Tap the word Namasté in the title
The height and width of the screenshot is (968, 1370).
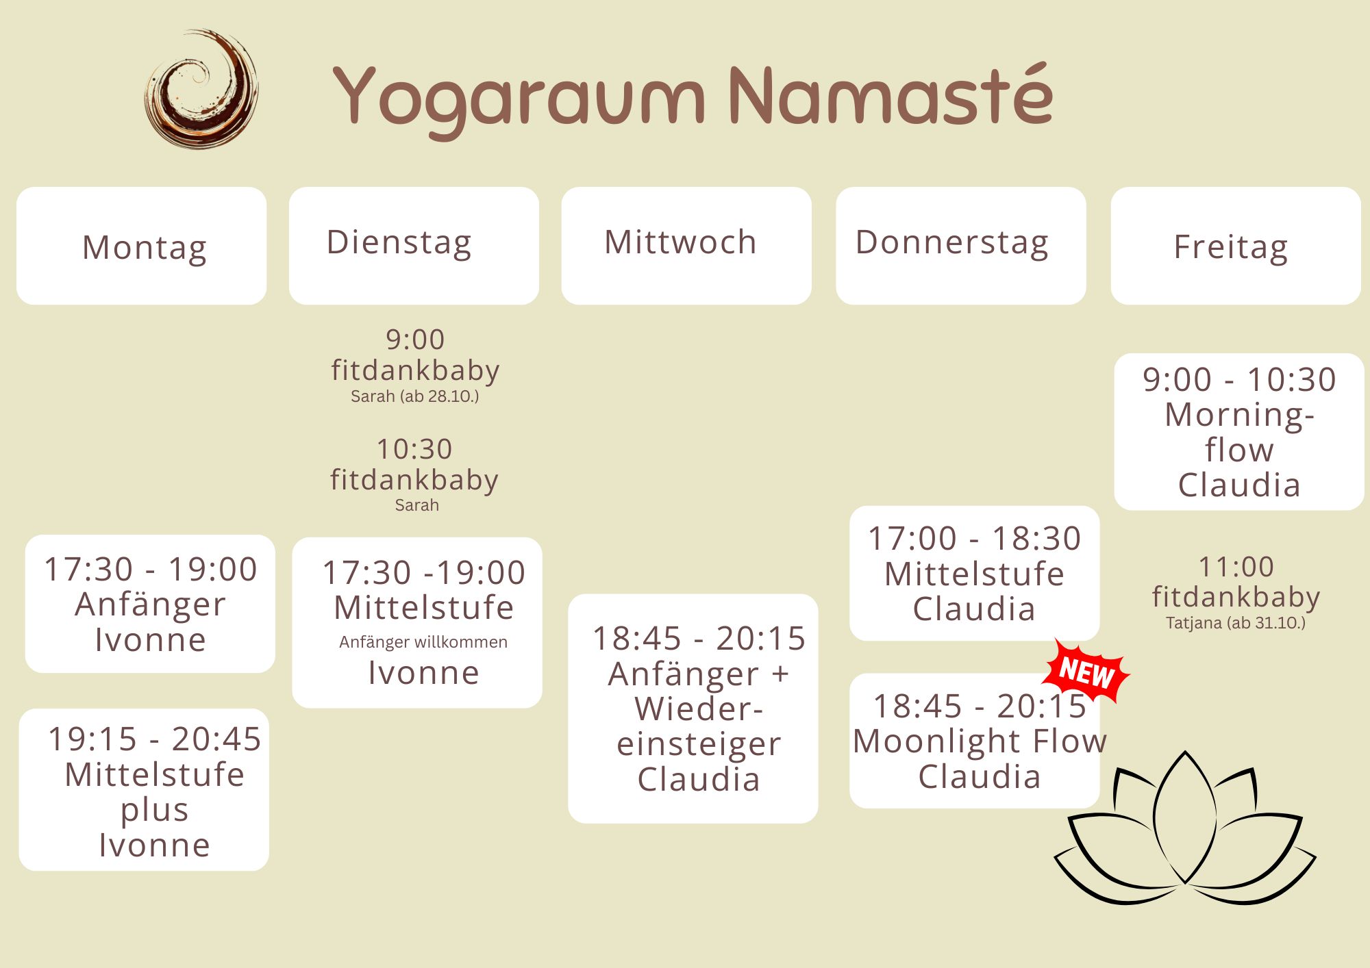point(891,94)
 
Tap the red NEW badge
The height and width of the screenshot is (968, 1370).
point(1086,672)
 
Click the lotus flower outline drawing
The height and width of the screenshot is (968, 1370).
point(1185,828)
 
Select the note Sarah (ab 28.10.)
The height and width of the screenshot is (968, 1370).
point(415,396)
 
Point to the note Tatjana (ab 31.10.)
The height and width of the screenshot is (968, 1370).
point(1236,623)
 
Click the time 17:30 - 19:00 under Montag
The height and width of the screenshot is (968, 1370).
point(151,569)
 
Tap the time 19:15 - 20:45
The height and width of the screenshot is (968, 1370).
point(155,739)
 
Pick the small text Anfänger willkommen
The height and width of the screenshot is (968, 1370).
point(423,642)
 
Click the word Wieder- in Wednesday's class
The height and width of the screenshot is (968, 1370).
point(699,709)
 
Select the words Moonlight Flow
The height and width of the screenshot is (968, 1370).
point(980,741)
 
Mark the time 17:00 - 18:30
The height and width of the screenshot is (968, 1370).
point(974,539)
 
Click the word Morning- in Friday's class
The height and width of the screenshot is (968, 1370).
point(1239,416)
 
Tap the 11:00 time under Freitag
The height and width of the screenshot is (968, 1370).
point(1236,567)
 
